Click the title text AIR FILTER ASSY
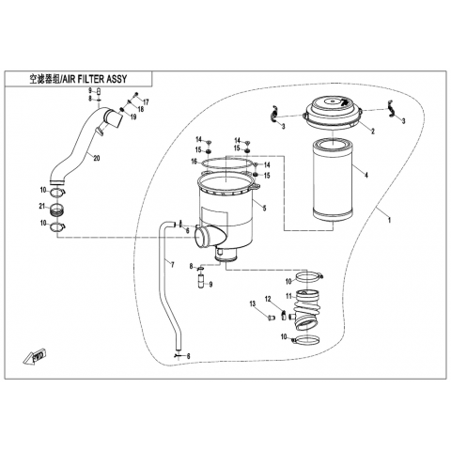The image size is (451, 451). tap(95, 79)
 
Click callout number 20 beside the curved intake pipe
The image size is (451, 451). tap(97, 159)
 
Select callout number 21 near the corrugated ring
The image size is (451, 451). tap(42, 206)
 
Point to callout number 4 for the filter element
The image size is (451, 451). tap(366, 175)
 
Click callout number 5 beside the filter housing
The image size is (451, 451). tap(264, 208)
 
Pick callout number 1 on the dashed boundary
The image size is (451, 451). tap(389, 220)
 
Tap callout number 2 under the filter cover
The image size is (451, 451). tap(373, 132)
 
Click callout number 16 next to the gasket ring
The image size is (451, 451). tap(194, 162)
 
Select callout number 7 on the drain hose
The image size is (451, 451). tap(172, 265)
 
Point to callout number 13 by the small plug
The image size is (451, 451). tap(253, 303)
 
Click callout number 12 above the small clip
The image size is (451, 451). tap(268, 300)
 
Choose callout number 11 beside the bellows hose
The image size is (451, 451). tap(288, 296)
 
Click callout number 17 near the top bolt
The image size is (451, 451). tap(146, 102)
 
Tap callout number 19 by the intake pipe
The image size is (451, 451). tap(133, 117)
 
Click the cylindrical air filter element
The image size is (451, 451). tap(334, 180)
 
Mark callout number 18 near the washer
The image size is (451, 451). tap(140, 109)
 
